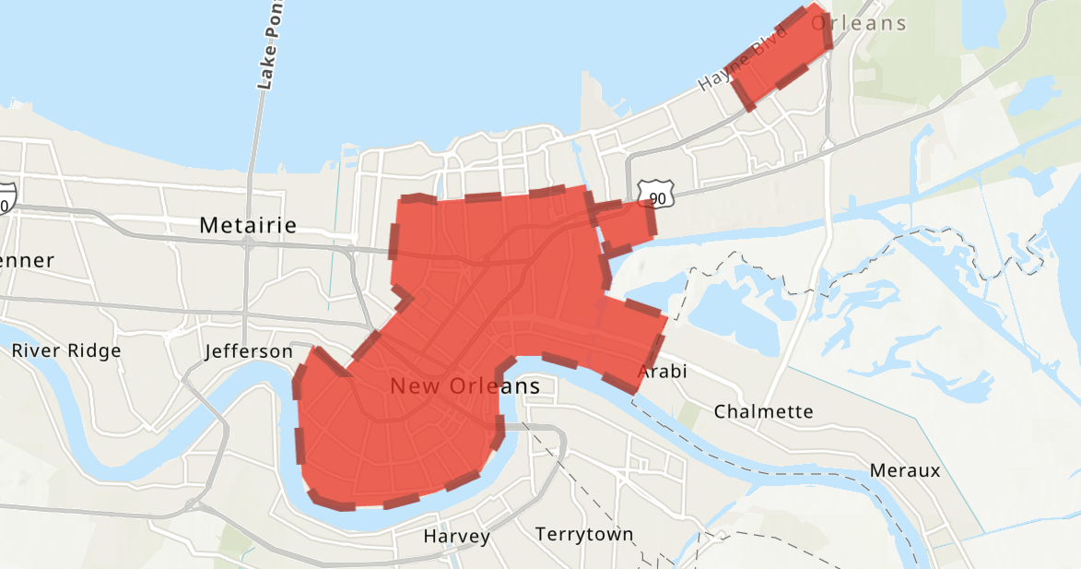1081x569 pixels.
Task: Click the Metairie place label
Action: point(248,225)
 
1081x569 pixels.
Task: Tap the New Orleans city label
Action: point(464,386)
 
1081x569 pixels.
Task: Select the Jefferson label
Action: point(248,351)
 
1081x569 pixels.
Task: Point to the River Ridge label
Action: point(65,350)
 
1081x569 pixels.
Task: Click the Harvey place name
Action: point(456,536)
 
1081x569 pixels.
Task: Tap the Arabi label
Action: point(663,372)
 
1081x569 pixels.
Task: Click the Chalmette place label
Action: point(763,411)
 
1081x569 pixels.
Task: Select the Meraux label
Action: point(904,471)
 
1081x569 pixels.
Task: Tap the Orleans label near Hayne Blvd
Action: point(859,23)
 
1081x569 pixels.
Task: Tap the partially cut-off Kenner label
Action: point(27,261)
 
